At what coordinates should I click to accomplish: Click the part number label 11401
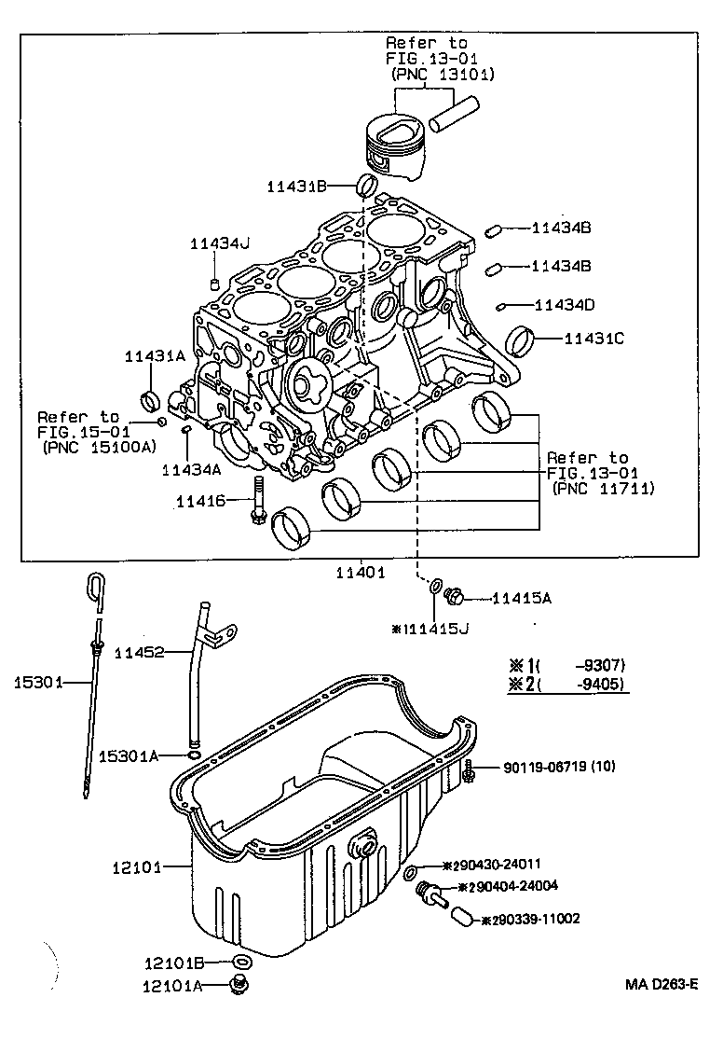tap(361, 573)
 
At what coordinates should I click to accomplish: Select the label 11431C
tap(593, 339)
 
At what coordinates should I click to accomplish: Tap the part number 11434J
tap(220, 243)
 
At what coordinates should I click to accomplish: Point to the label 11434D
tap(564, 304)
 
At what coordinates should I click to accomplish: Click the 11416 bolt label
tap(200, 502)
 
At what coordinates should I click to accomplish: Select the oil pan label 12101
tap(136, 867)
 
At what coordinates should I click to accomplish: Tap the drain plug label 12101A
tap(172, 985)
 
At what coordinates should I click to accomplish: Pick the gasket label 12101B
tap(172, 962)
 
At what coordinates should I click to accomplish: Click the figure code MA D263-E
tap(662, 984)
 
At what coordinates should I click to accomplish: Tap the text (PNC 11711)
tap(603, 488)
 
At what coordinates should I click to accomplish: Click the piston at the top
tap(398, 145)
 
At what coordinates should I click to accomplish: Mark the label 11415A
tap(522, 599)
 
